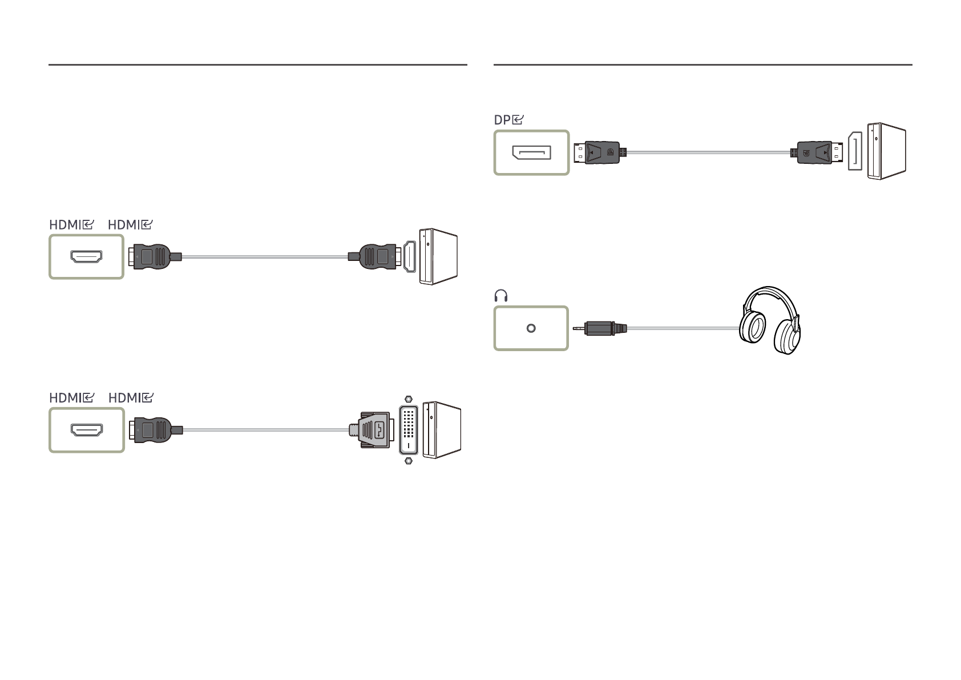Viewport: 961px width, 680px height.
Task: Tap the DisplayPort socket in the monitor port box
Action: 531,152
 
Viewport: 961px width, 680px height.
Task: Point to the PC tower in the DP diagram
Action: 886,151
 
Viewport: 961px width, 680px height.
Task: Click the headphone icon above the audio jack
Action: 501,295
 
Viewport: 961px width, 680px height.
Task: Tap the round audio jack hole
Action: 531,328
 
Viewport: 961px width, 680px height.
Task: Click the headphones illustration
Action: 770,321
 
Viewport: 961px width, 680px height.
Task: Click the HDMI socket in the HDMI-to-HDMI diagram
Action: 86,257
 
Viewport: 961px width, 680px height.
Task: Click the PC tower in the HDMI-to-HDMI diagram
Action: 438,256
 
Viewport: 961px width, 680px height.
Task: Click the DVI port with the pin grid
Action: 409,429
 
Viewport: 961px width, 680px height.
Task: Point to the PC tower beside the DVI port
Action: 442,430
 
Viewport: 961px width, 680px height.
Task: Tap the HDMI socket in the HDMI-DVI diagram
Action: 86,430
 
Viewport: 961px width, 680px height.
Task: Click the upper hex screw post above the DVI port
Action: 407,399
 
